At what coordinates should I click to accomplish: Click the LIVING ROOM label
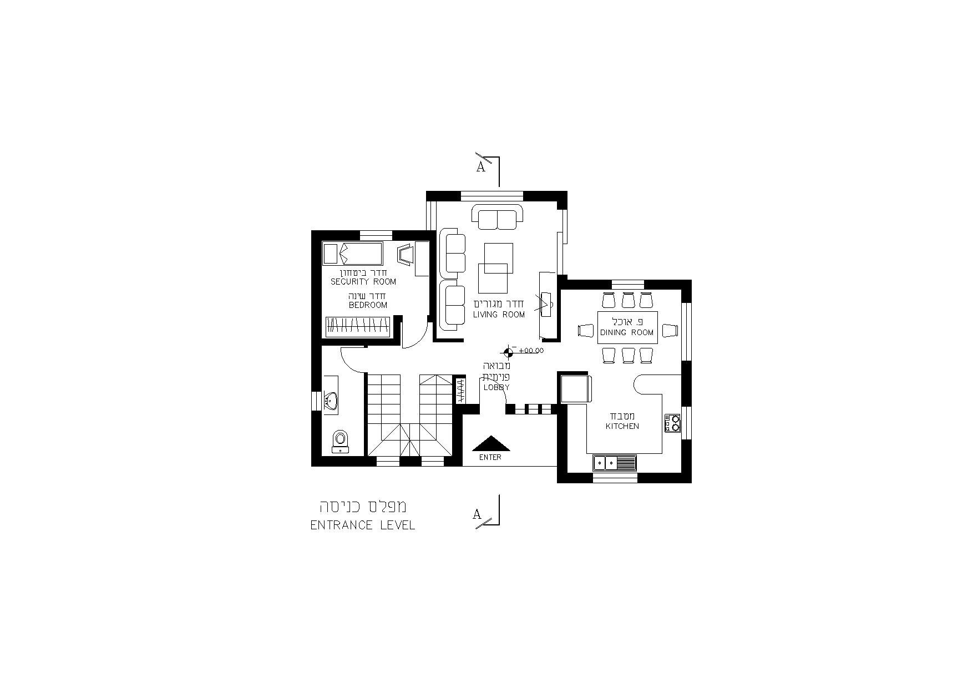click(499, 315)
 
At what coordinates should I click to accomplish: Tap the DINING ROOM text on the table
click(627, 332)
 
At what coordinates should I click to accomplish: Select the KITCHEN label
click(622, 426)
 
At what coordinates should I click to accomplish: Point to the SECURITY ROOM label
click(363, 282)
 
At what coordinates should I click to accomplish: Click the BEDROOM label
click(368, 305)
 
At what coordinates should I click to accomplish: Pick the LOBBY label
click(496, 387)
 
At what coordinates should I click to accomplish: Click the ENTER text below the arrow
click(490, 457)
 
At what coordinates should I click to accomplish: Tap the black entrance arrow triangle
click(490, 443)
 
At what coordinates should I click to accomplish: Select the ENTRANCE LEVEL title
click(363, 525)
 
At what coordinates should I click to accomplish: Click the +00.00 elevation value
click(531, 351)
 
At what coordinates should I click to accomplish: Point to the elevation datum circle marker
click(508, 351)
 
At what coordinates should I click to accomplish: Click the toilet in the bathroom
click(340, 442)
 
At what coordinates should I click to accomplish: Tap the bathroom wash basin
click(331, 401)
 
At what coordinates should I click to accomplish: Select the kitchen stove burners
click(672, 423)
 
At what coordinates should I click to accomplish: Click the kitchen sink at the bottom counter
click(615, 462)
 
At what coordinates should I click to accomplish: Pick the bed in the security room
click(353, 254)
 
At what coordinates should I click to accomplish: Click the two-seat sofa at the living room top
click(497, 217)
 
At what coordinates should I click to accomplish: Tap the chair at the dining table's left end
click(586, 331)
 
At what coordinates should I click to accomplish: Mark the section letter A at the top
click(481, 166)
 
